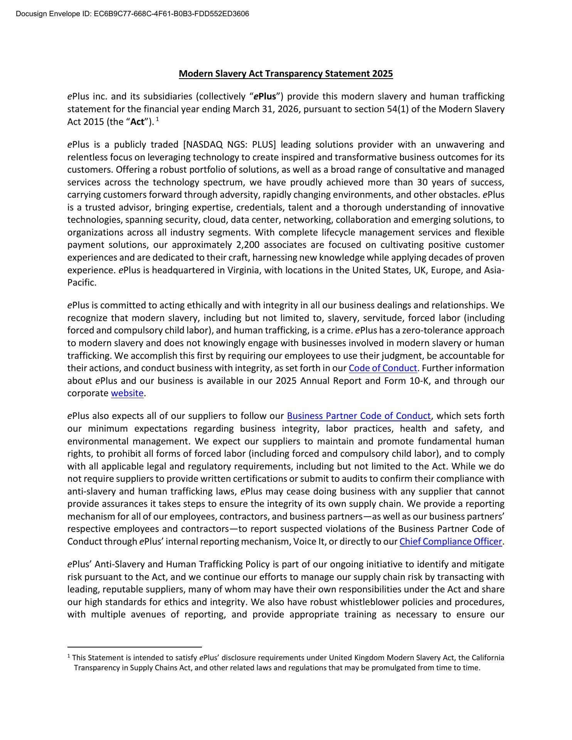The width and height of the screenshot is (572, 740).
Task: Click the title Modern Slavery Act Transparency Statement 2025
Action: (x=286, y=74)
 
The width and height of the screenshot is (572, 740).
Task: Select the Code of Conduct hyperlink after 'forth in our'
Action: (x=383, y=368)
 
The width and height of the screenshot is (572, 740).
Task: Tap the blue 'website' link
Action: (x=127, y=393)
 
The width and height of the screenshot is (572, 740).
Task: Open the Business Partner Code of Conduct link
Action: (x=358, y=416)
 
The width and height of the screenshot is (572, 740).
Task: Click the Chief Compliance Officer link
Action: (x=451, y=542)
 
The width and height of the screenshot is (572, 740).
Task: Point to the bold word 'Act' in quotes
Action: (x=137, y=122)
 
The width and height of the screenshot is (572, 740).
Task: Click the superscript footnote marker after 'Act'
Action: (x=157, y=119)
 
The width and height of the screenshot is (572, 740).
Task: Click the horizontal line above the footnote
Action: (x=135, y=647)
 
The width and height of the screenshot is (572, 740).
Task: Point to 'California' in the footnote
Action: (x=488, y=658)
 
